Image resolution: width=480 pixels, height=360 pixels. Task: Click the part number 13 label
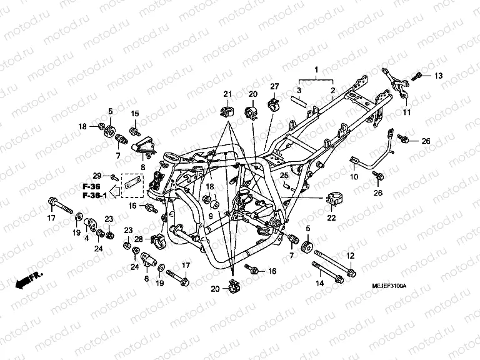click(438, 76)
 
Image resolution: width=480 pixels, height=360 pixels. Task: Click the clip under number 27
click(273, 103)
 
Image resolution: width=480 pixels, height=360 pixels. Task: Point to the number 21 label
click(228, 94)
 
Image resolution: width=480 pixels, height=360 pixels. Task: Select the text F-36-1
click(94, 196)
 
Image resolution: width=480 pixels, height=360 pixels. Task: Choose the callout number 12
click(350, 255)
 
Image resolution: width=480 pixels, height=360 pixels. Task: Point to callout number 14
click(319, 283)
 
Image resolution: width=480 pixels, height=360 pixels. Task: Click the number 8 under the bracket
click(143, 167)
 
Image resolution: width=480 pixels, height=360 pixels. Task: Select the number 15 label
click(134, 113)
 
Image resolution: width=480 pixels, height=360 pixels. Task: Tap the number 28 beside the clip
click(139, 239)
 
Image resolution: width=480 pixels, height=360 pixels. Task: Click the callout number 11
click(406, 112)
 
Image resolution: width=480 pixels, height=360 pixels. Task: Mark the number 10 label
click(354, 177)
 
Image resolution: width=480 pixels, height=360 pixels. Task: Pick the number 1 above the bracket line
click(316, 69)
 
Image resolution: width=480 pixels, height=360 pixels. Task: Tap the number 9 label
click(211, 216)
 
